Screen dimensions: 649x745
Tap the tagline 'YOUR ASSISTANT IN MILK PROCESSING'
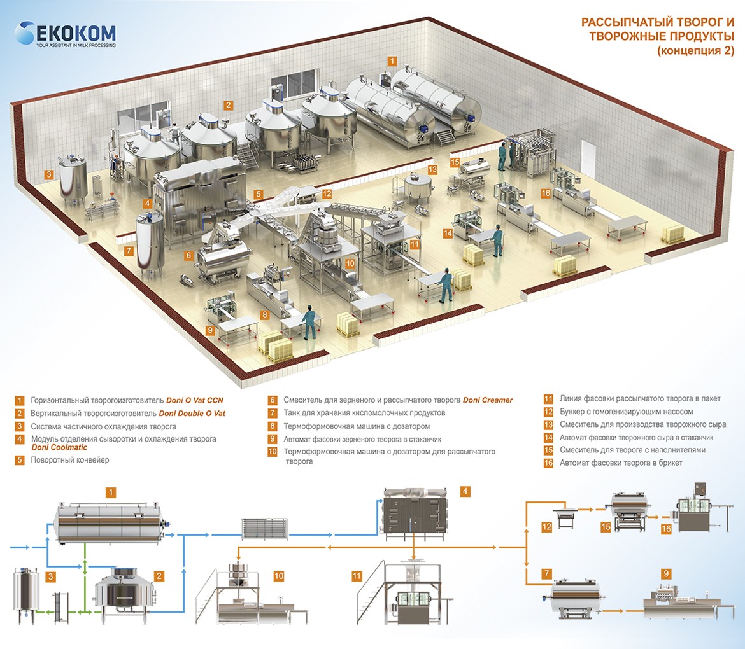(76, 46)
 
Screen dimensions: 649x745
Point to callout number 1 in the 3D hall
(393, 62)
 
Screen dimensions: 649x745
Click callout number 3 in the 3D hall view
(48, 173)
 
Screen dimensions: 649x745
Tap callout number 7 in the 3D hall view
(129, 251)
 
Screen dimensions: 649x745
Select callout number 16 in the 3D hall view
(546, 193)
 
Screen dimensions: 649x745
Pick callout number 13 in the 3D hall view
(432, 170)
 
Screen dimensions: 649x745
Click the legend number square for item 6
(273, 400)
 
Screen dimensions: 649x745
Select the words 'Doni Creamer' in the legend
(488, 400)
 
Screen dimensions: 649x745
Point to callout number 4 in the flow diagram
(465, 491)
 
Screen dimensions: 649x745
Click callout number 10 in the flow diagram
(279, 576)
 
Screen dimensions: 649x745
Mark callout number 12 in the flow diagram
(546, 526)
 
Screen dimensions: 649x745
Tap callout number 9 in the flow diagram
(665, 573)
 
